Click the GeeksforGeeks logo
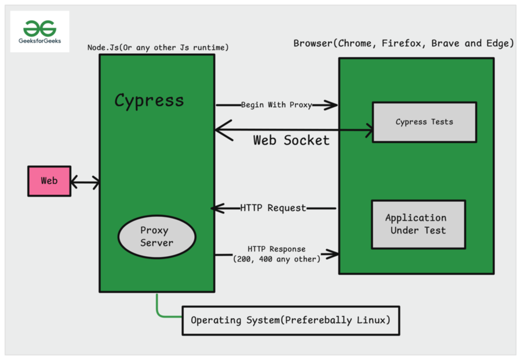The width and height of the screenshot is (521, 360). click(x=39, y=32)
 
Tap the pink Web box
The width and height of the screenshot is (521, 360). click(x=49, y=181)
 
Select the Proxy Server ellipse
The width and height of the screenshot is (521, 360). click(x=157, y=237)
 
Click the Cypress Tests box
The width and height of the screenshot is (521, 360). click(x=424, y=122)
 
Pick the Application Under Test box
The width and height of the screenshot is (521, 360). click(x=418, y=224)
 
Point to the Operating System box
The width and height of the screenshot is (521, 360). click(x=291, y=320)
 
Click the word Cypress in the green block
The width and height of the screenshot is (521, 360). click(x=149, y=100)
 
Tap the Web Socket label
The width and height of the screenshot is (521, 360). click(x=291, y=140)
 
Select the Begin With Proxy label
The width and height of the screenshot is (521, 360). click(x=276, y=105)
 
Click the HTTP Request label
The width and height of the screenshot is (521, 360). click(x=273, y=208)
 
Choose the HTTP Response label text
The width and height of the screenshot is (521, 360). click(x=276, y=249)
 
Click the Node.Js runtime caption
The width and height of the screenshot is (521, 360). click(x=158, y=47)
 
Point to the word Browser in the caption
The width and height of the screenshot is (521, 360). click(x=314, y=43)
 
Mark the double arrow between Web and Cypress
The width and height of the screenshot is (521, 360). click(x=85, y=183)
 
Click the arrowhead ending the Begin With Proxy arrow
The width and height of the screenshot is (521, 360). click(x=332, y=105)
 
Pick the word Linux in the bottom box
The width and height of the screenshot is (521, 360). click(x=374, y=320)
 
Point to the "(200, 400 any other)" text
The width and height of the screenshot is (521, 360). click(x=276, y=259)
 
